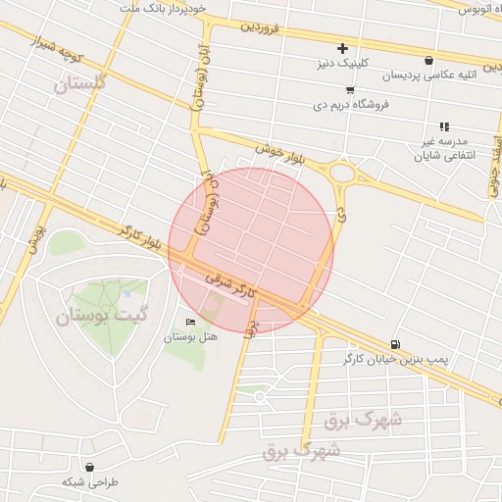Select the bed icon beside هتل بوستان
pyautogui.click(x=190, y=322)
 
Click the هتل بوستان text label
pyautogui.click(x=190, y=336)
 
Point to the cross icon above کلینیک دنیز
pyautogui.click(x=342, y=48)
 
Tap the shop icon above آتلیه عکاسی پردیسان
pyautogui.click(x=429, y=60)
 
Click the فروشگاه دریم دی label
pyautogui.click(x=351, y=103)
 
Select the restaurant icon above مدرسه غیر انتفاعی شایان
pyautogui.click(x=444, y=126)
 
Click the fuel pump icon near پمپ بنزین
pyautogui.click(x=394, y=343)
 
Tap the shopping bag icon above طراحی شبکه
pyautogui.click(x=89, y=467)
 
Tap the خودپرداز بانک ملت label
pyautogui.click(x=163, y=9)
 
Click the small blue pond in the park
pyautogui.click(x=125, y=292)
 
